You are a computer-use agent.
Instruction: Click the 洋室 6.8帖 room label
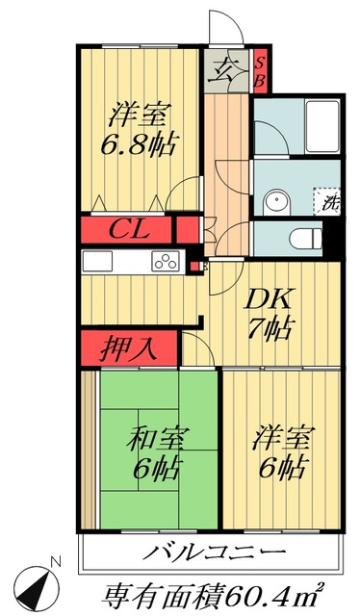[139, 130]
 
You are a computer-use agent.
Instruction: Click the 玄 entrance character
[226, 68]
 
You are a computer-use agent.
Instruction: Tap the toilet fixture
[306, 236]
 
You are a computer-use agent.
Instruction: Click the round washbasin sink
[276, 200]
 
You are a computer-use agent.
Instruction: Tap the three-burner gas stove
[165, 261]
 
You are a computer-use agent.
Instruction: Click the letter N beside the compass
[57, 561]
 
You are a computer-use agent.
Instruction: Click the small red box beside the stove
[193, 267]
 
